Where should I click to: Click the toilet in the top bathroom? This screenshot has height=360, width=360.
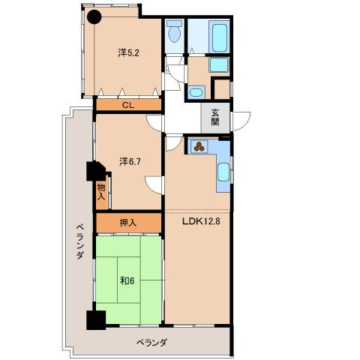(x=175, y=31)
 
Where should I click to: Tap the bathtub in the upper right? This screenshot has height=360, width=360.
(x=219, y=37)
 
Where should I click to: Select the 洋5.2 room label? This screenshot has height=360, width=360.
(x=128, y=53)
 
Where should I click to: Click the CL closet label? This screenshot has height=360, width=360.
(x=128, y=105)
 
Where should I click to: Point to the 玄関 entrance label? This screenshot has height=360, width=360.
(x=215, y=118)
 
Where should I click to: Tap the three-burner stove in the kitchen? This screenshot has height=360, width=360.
(x=199, y=146)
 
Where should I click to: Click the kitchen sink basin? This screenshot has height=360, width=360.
(x=223, y=172)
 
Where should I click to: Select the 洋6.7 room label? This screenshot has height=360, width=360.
(x=130, y=162)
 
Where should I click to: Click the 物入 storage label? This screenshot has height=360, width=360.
(x=101, y=192)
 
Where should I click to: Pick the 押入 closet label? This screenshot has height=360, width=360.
(x=128, y=223)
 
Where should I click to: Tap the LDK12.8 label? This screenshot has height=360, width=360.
(x=201, y=221)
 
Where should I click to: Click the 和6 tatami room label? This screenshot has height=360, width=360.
(x=127, y=281)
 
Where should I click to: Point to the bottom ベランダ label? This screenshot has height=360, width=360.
(x=151, y=342)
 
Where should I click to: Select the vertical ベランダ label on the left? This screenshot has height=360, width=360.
(x=79, y=241)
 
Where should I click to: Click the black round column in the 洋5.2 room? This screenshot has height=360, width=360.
(x=94, y=17)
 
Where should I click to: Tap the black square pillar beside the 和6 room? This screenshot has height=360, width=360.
(x=96, y=320)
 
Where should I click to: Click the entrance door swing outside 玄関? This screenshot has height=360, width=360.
(x=241, y=121)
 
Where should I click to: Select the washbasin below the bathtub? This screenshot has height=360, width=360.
(x=219, y=64)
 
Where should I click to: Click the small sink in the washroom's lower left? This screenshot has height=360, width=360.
(x=196, y=92)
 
